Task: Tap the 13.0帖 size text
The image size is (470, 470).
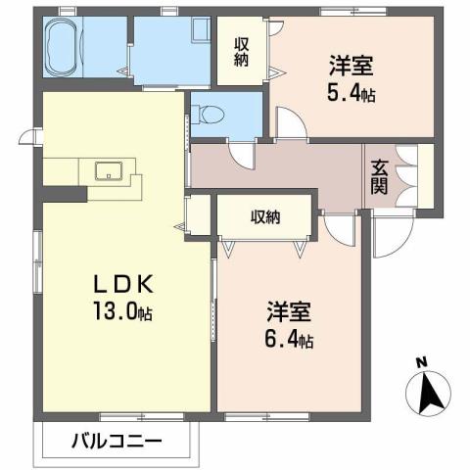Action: (123, 313)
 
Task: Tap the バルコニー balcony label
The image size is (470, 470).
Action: (117, 440)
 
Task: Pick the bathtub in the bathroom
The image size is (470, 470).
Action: (66, 47)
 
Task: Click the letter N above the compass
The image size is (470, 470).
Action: (422, 361)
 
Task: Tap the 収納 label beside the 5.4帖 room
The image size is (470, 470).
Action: (242, 51)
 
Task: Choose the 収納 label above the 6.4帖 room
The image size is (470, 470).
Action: (264, 216)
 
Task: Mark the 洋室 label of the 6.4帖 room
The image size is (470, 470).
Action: (290, 314)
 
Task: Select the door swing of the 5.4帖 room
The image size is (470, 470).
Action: (288, 123)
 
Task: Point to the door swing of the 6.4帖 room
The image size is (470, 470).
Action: (340, 228)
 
